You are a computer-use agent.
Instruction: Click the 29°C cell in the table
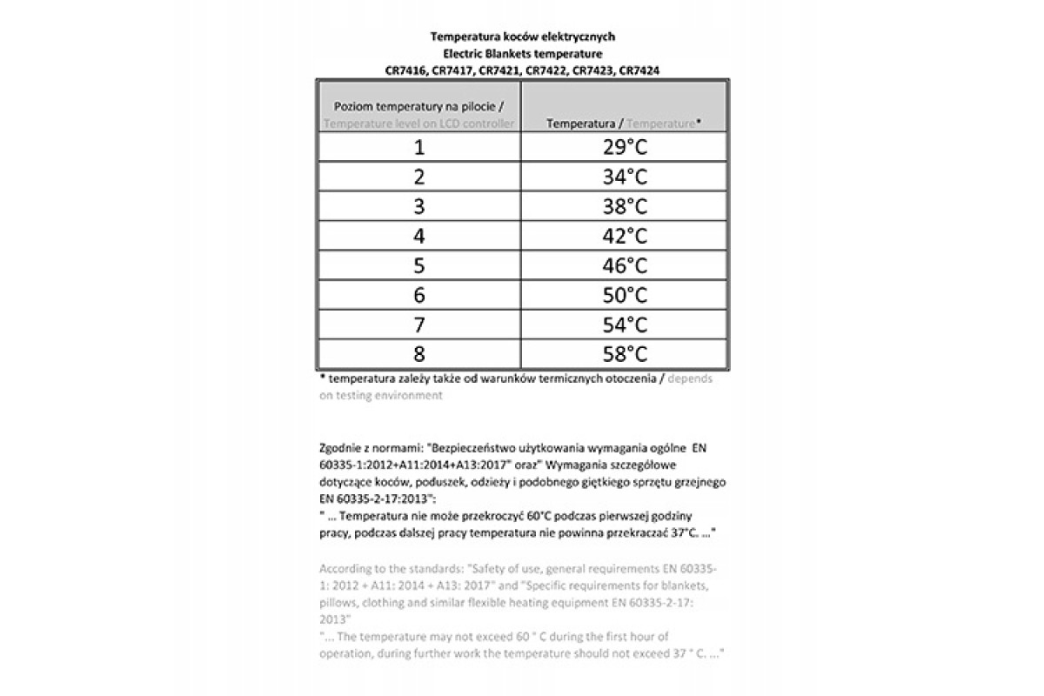(625, 147)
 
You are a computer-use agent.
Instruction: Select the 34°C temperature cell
(625, 177)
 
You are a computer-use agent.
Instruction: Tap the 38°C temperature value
(625, 206)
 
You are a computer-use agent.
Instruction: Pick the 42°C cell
(625, 236)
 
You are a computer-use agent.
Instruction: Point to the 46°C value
(625, 265)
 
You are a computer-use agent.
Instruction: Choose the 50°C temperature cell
(625, 295)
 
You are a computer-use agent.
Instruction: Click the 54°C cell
(625, 325)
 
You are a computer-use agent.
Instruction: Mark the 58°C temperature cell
(625, 354)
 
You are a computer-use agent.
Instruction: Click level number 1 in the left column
(419, 147)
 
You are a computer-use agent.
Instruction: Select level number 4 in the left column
(419, 236)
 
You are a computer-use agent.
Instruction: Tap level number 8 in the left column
(419, 354)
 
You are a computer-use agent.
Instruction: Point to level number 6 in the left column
(419, 295)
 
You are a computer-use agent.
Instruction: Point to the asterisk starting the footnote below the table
(322, 378)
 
